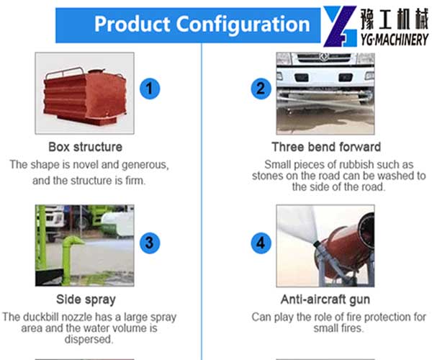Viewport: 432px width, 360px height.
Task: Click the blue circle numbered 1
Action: click(x=150, y=89)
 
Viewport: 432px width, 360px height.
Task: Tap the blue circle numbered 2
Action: click(x=261, y=89)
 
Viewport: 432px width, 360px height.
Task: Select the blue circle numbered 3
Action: click(x=150, y=243)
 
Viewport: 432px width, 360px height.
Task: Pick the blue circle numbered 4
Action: click(x=261, y=243)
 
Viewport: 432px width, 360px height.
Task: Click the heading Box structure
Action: click(x=86, y=147)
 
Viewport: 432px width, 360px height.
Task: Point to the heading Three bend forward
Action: click(x=326, y=147)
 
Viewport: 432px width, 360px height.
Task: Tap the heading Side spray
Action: click(x=86, y=300)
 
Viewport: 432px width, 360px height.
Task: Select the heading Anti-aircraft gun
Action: click(x=325, y=300)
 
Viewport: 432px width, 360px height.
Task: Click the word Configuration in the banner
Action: click(x=243, y=24)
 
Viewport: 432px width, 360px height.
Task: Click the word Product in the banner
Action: click(x=132, y=24)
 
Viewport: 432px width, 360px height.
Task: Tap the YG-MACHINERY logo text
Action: click(x=395, y=40)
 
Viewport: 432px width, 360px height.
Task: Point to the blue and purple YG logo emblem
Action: click(x=341, y=27)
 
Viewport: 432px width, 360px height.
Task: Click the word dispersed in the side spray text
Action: click(x=89, y=339)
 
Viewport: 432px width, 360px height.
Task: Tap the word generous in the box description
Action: click(x=145, y=165)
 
